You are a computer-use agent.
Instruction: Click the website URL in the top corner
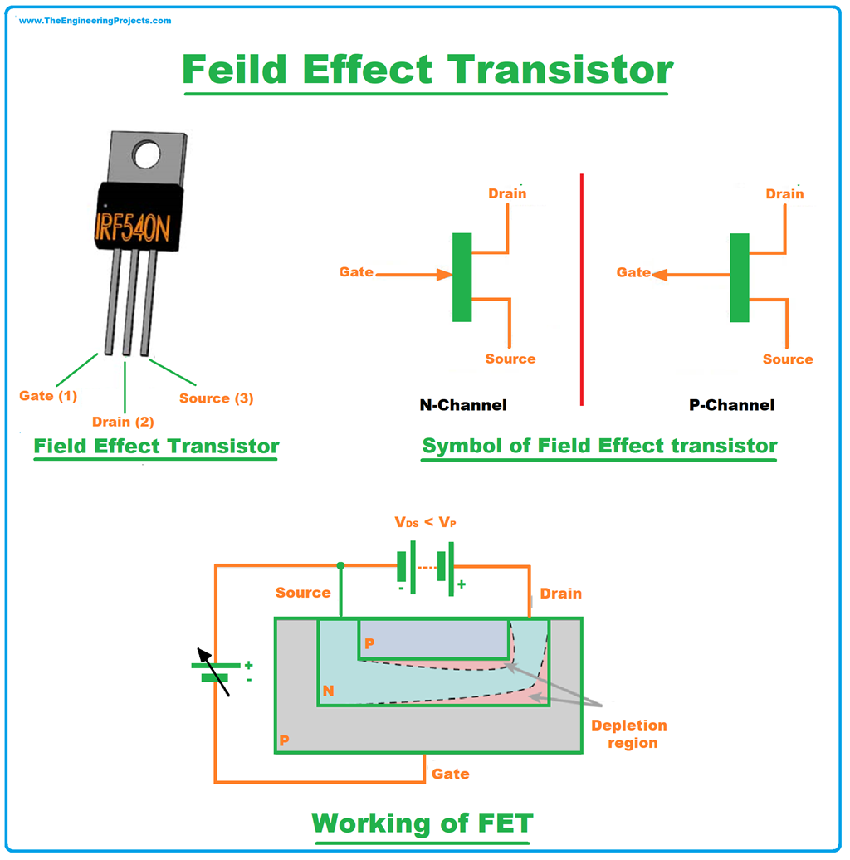click(95, 21)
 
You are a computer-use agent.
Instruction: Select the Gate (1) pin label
click(48, 396)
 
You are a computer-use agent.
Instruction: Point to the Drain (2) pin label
click(123, 422)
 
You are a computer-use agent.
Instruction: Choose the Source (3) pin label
click(216, 398)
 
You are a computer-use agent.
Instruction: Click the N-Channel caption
click(462, 405)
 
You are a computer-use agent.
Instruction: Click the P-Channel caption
click(731, 405)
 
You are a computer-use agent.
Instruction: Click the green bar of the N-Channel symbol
click(462, 276)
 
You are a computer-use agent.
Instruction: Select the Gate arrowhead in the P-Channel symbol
click(659, 273)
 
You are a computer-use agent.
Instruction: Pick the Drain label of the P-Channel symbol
click(784, 193)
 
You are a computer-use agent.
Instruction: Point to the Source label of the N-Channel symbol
click(510, 359)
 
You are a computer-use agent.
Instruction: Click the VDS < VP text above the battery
click(425, 524)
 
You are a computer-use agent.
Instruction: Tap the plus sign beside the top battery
click(462, 584)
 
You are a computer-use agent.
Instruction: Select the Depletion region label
click(628, 734)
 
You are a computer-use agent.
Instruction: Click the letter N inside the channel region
click(329, 690)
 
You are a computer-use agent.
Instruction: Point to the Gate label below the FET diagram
click(450, 774)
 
